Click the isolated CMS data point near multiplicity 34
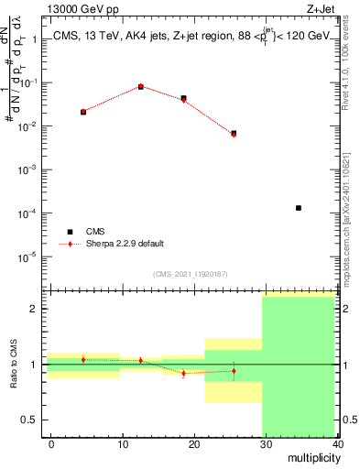pyautogui.click(x=299, y=208)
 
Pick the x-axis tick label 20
pyautogui.click(x=194, y=443)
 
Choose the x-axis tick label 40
pyautogui.click(x=337, y=443)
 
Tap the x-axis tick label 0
pyautogui.click(x=51, y=443)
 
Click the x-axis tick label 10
pyautogui.click(x=123, y=443)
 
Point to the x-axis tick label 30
pyautogui.click(x=266, y=443)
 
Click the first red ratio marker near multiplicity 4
pyautogui.click(x=83, y=359)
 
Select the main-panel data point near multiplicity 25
pyautogui.click(x=234, y=134)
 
